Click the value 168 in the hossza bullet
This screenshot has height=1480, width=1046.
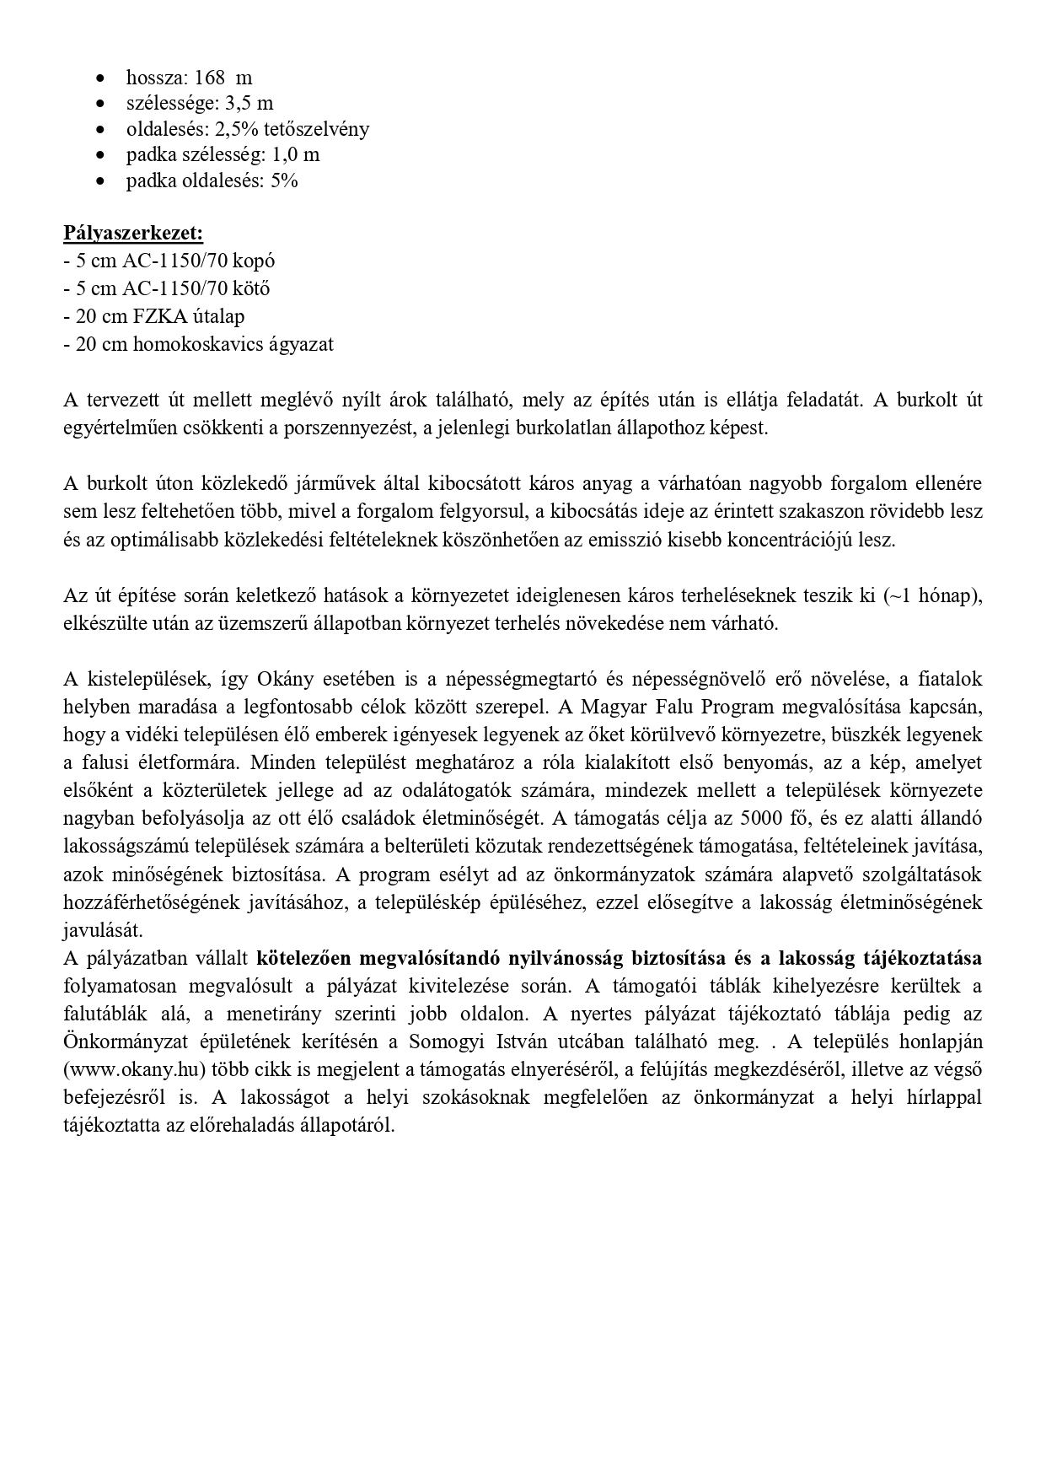coord(209,78)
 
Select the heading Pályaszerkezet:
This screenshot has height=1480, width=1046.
coord(133,233)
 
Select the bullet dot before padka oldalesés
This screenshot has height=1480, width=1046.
coord(101,181)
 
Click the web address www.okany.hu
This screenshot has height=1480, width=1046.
coord(135,1070)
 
